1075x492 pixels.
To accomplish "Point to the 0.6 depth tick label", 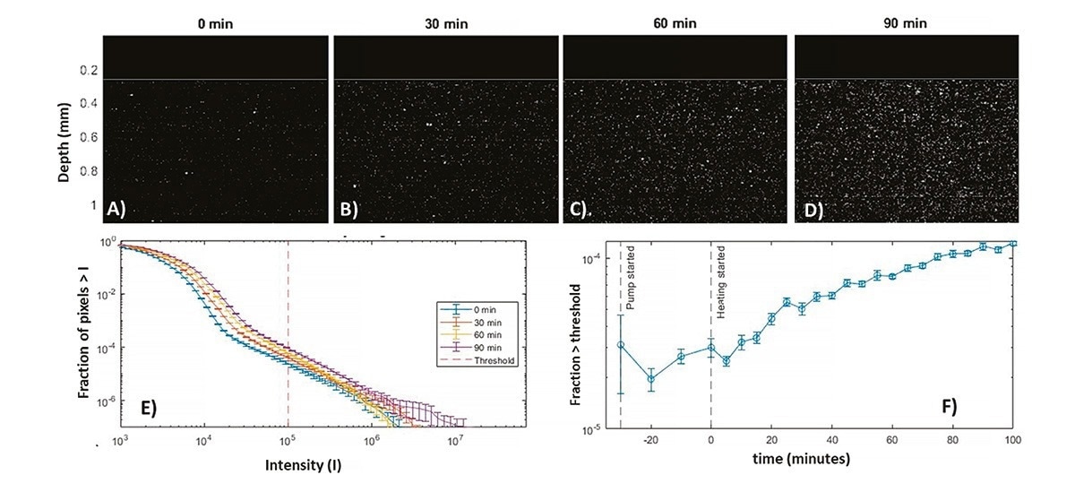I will [x=90, y=139].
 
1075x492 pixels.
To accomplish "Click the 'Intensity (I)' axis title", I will [x=304, y=466].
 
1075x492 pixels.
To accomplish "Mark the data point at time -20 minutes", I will [x=651, y=378].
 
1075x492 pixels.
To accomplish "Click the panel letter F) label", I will [x=948, y=404].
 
